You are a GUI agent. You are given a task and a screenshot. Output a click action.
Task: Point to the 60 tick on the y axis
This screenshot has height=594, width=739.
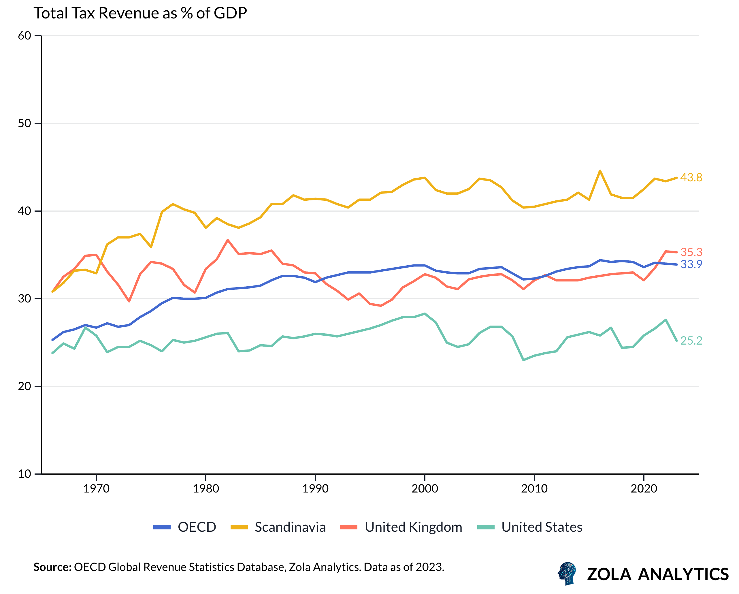point(25,36)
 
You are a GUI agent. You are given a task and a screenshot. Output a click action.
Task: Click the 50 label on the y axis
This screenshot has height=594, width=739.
point(25,123)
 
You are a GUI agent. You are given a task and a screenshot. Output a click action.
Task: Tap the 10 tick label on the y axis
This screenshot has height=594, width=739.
point(25,474)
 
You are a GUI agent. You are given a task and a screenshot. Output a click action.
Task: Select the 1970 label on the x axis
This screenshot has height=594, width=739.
point(96,488)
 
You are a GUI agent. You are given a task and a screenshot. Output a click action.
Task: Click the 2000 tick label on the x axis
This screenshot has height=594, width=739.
point(425,488)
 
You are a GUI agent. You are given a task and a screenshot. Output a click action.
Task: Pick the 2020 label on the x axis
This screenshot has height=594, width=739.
point(644,488)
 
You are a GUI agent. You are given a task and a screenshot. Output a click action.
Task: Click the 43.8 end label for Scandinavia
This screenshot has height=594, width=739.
point(691,178)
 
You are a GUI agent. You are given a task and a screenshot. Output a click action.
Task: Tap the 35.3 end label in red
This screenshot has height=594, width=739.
point(691,252)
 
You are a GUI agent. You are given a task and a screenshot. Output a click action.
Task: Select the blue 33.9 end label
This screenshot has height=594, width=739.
point(691,264)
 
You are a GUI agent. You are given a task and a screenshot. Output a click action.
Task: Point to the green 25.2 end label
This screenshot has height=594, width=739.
point(691,341)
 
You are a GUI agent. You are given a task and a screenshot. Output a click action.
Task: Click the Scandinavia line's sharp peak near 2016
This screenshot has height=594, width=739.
point(600,171)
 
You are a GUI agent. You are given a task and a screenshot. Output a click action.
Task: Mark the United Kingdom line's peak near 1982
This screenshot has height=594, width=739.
point(228,240)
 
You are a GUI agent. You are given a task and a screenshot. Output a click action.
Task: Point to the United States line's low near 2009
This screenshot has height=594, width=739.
point(523,360)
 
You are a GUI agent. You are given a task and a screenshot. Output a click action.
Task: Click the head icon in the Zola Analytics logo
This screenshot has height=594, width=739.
point(567,574)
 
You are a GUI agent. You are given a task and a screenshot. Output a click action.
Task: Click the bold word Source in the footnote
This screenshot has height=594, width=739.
point(52,567)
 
